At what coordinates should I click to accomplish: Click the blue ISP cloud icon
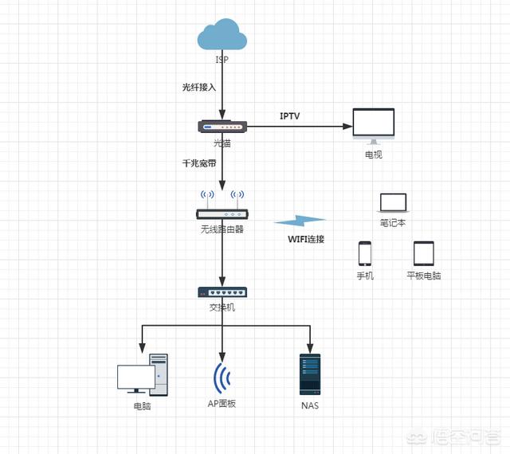tap(222, 35)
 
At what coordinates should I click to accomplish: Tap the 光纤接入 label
tap(199, 87)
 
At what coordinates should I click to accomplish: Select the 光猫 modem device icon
tap(222, 126)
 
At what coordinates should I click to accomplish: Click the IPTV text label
tap(289, 115)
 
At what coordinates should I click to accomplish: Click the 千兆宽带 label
tap(199, 163)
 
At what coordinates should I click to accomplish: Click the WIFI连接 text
tap(306, 239)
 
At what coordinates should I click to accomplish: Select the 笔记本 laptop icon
tap(393, 203)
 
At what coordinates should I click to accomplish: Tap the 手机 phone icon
tap(365, 253)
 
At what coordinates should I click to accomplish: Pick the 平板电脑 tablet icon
tap(423, 253)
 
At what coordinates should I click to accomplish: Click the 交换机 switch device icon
tap(222, 292)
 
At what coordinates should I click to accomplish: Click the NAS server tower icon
tap(311, 374)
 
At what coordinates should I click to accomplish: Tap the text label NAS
tap(311, 405)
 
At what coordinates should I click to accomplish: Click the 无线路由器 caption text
tap(222, 229)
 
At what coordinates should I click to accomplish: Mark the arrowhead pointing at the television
tap(347, 126)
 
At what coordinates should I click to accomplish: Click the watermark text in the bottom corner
tap(461, 436)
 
